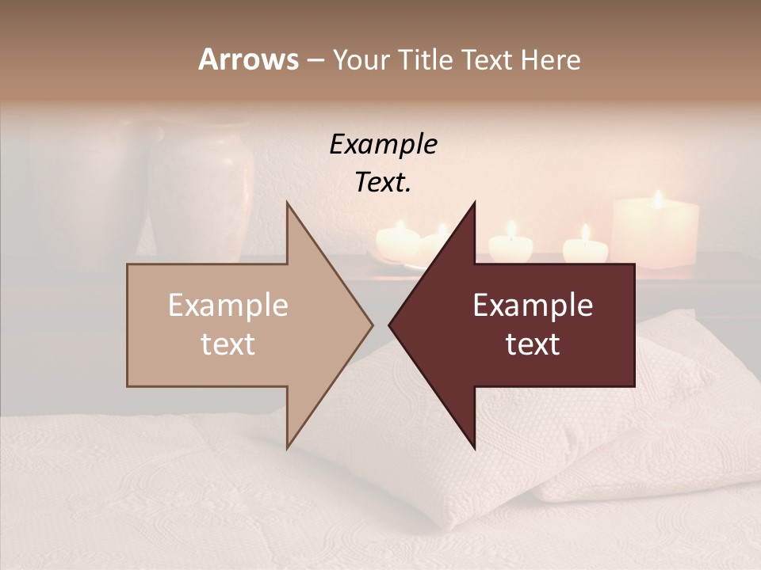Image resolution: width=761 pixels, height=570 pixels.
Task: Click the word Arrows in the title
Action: (x=248, y=59)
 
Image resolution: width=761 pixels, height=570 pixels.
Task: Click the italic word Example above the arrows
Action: (x=383, y=144)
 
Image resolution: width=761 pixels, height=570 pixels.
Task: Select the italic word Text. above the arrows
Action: (x=383, y=182)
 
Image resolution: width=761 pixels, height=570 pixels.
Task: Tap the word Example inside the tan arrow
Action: (x=228, y=306)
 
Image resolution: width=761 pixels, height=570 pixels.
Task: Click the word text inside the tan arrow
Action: (x=228, y=344)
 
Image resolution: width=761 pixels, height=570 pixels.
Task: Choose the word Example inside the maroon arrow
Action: (x=533, y=306)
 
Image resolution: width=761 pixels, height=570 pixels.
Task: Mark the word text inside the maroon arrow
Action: (x=533, y=344)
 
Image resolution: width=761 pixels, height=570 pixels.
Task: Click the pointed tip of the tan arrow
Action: (x=372, y=325)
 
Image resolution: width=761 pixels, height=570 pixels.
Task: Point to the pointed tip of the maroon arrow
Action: (x=390, y=325)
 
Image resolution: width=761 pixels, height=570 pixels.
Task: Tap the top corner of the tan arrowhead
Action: (x=287, y=203)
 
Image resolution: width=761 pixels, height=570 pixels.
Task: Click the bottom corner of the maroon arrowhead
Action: (x=474, y=447)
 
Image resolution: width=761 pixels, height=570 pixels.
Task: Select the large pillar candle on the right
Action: (x=656, y=234)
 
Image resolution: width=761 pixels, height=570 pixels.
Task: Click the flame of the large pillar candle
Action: (x=657, y=198)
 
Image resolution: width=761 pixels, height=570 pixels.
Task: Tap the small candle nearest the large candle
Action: (x=585, y=248)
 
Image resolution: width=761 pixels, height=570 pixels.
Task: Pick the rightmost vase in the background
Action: (x=201, y=190)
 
